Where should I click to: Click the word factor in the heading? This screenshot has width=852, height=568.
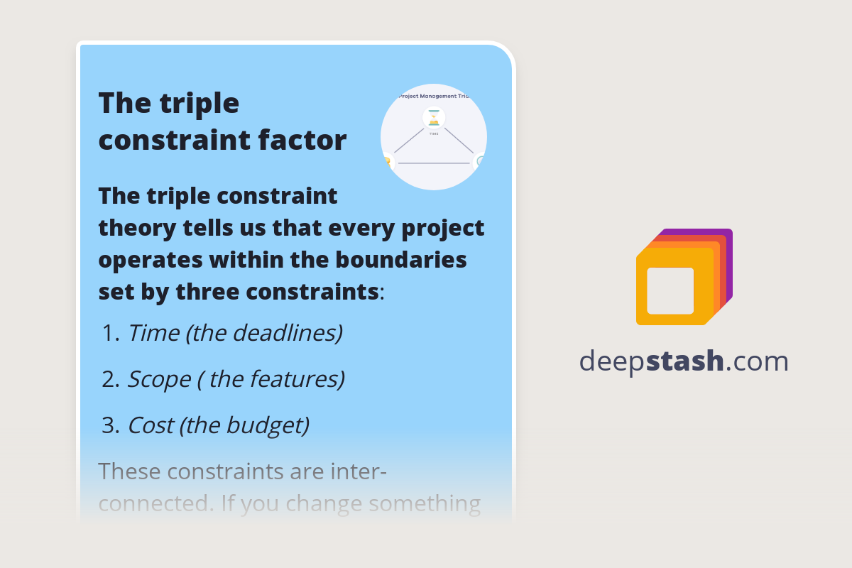(307, 140)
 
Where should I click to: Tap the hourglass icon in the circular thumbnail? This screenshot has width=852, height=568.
(434, 117)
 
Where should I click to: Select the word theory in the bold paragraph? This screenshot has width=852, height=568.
(135, 228)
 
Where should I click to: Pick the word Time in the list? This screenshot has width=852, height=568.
(153, 333)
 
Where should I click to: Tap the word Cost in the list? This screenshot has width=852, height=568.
(151, 425)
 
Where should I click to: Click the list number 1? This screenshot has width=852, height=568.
(109, 333)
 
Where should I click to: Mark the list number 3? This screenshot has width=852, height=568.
(109, 425)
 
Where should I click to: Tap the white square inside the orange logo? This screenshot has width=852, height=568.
(670, 290)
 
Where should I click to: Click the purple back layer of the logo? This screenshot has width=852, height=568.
(727, 245)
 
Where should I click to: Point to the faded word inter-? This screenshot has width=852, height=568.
(358, 471)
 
